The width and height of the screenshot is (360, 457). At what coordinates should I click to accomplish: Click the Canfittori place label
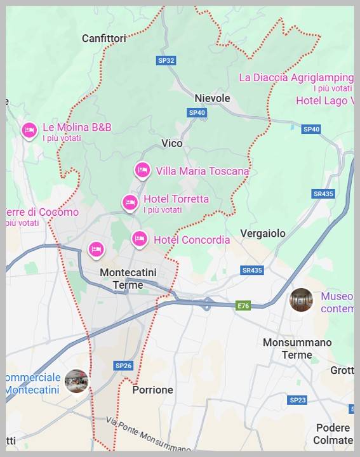[x=104, y=38]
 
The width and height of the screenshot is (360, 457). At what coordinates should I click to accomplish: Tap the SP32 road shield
[x=166, y=60]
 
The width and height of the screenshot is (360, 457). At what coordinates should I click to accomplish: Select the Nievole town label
[x=212, y=98]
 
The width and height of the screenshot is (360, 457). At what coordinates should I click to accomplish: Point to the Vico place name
[x=172, y=143]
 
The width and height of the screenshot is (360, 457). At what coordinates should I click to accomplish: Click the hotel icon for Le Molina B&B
[x=29, y=130]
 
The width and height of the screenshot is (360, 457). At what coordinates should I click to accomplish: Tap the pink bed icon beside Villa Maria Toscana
[x=142, y=169]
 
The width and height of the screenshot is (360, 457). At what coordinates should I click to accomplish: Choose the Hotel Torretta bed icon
[x=130, y=202]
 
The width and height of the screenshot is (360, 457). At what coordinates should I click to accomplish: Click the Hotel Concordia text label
[x=192, y=240]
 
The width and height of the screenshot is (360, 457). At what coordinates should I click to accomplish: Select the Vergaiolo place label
[x=263, y=234]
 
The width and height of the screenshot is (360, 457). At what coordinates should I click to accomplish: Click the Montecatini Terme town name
[x=128, y=279]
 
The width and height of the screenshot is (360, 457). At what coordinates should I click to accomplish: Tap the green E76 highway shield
[x=243, y=306]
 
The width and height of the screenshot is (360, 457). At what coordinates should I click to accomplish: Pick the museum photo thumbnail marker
[x=302, y=300]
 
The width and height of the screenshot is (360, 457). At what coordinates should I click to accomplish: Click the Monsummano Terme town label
[x=297, y=348]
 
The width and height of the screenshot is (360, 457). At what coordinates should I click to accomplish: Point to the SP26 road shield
[x=123, y=366]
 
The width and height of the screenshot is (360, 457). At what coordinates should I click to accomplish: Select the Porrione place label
[x=152, y=390]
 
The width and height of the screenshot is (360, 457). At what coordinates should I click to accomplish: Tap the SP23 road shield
[x=297, y=400]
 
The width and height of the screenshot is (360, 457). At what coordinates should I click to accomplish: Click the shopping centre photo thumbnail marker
[x=77, y=381]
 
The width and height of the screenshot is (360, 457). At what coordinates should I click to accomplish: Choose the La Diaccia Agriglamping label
[x=296, y=77]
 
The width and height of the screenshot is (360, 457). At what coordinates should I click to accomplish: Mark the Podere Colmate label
[x=333, y=434]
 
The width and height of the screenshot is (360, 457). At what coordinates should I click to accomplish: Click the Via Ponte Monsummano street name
[x=149, y=435]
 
